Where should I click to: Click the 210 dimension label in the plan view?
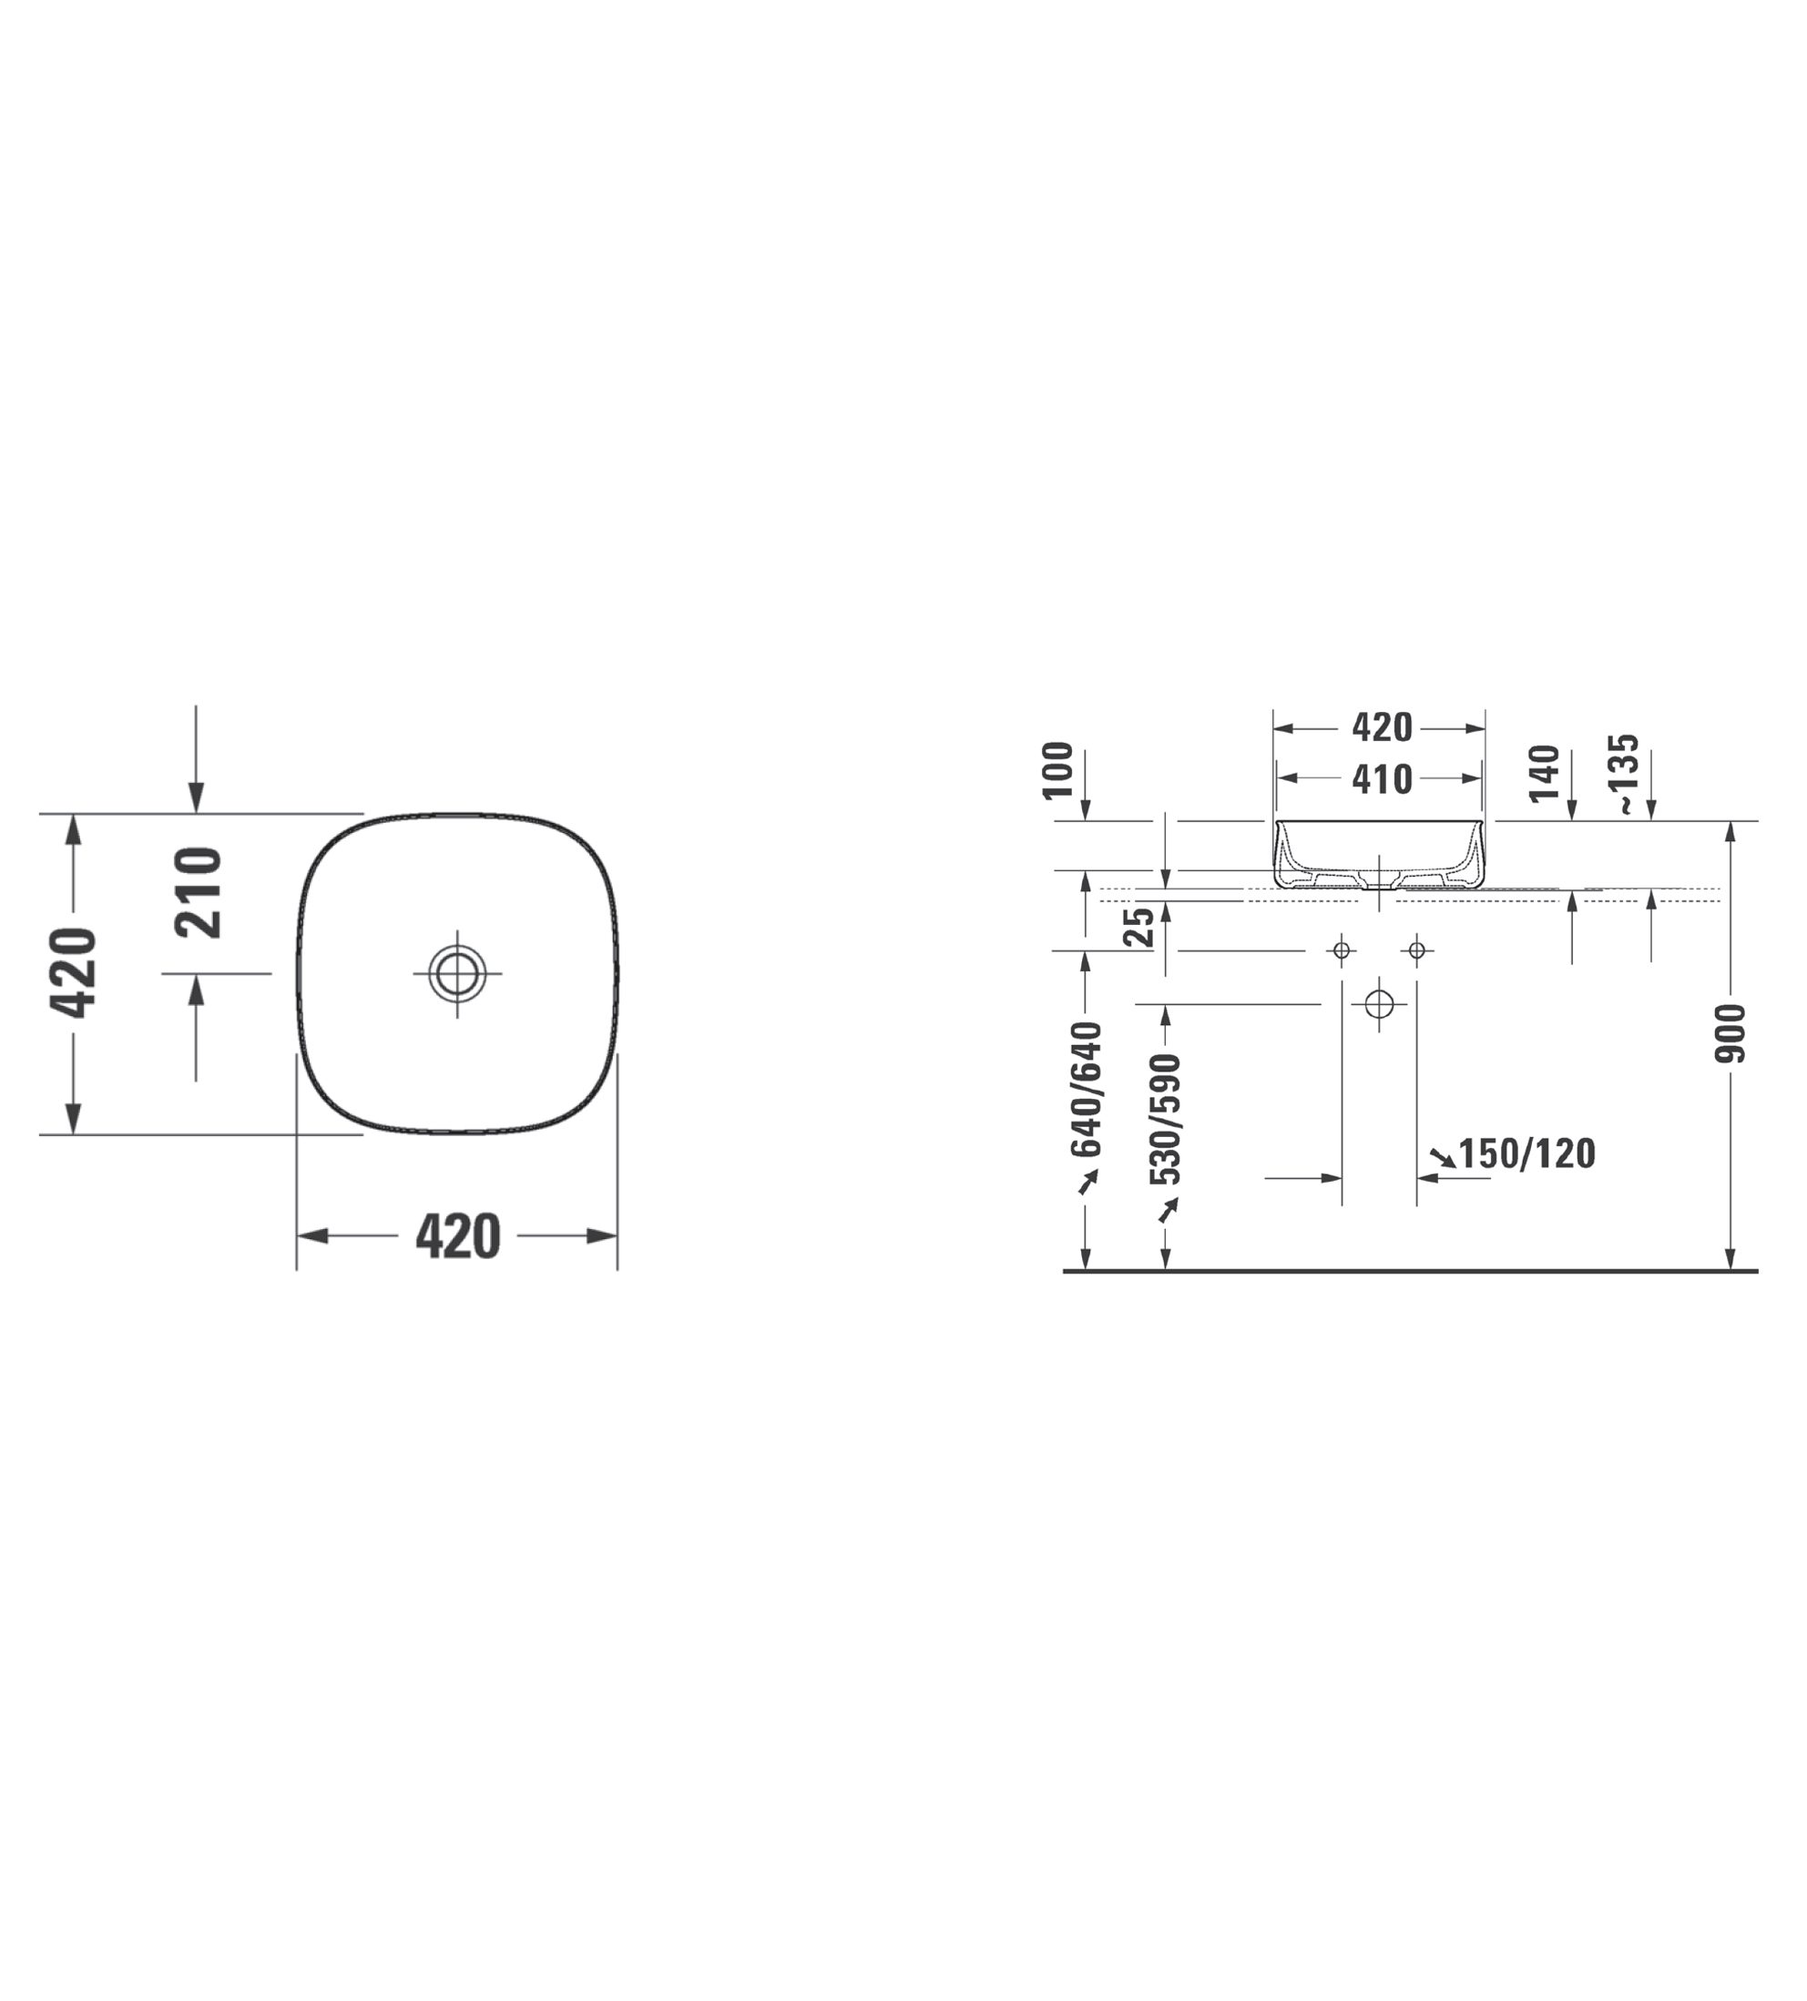click(198, 892)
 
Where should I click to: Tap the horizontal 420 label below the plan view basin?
click(458, 1236)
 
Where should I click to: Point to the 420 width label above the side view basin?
click(1382, 727)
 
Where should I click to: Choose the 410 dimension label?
click(1382, 779)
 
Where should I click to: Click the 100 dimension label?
click(1058, 769)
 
